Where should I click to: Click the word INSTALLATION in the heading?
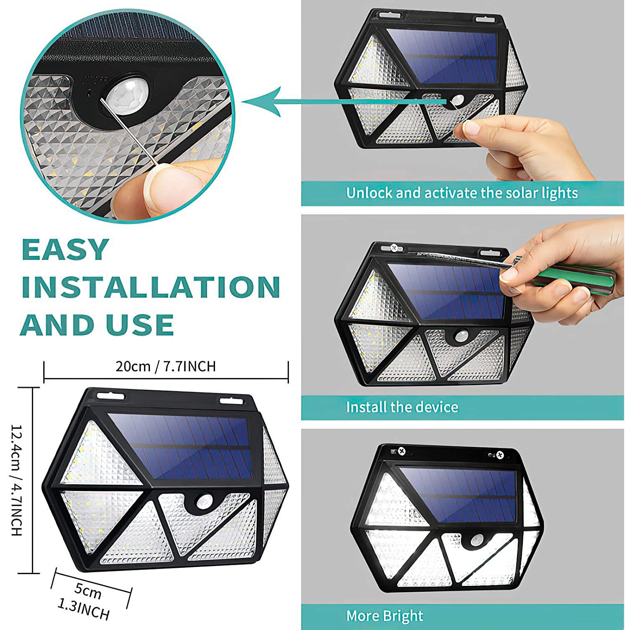[151, 287]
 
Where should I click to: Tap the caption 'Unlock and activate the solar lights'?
[462, 193]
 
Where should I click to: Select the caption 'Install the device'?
[402, 407]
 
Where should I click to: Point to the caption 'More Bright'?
[384, 616]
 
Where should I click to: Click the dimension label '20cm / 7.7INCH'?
[166, 366]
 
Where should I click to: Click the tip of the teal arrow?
[243, 102]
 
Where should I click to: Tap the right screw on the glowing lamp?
[500, 455]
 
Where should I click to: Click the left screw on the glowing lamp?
[402, 451]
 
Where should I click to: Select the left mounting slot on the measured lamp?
[111, 396]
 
